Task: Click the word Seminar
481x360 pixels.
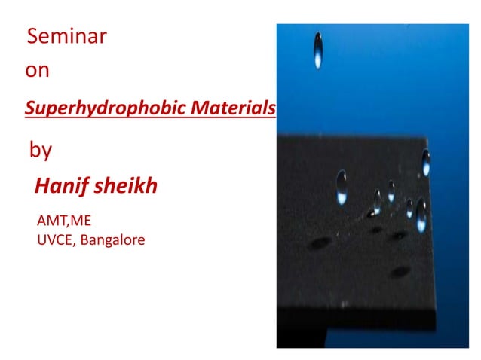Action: point(66,35)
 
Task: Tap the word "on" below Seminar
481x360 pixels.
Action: point(37,71)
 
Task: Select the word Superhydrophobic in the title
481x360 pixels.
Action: point(105,108)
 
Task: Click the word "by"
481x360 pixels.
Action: point(40,149)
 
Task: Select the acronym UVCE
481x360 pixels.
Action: point(54,241)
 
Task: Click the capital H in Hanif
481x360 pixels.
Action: point(41,186)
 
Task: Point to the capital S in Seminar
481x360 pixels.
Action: point(32,35)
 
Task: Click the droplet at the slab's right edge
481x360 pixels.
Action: point(426,162)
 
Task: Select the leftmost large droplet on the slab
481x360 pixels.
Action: point(342,185)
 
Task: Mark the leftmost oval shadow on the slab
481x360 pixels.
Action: point(321,243)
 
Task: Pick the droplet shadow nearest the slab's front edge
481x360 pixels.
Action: point(400,271)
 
